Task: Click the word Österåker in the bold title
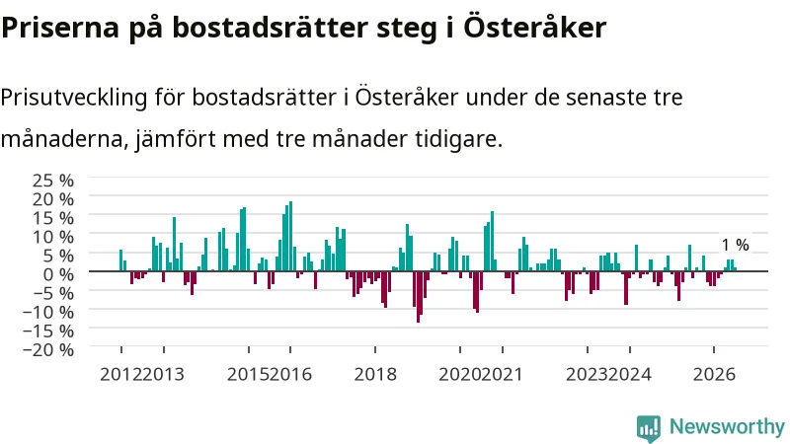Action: pos(534,27)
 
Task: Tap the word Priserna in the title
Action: pos(60,27)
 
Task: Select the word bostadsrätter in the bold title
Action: pos(270,27)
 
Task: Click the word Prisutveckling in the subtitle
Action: pos(73,98)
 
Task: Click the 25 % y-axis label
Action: pos(53,181)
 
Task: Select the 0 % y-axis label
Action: pos(58,274)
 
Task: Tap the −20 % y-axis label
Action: pos(48,349)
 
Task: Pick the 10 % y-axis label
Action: pos(53,237)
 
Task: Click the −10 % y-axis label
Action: pos(48,312)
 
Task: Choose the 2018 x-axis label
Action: pos(375,375)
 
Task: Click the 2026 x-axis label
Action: pos(714,375)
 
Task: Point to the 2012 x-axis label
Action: pos(120,375)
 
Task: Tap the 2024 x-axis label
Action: pos(630,375)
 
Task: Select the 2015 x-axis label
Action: pos(249,375)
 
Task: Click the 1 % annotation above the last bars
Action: pos(735,245)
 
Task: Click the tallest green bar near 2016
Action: pos(290,236)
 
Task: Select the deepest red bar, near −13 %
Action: pos(418,297)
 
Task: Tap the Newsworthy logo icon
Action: pos(649,428)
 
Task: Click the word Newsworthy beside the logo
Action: pos(727,427)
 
